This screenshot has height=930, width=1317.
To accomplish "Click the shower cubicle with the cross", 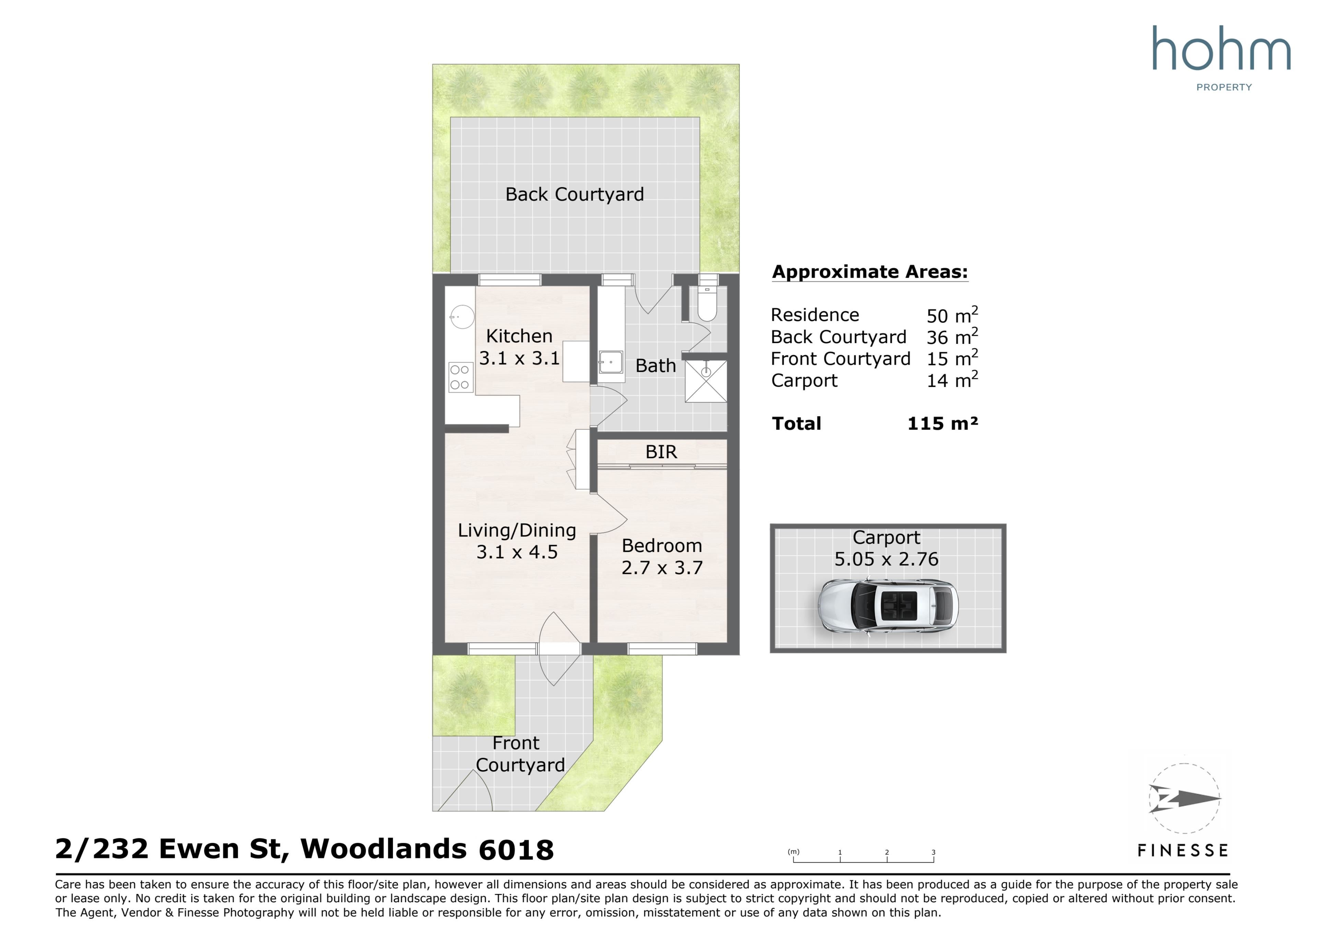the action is point(706,381).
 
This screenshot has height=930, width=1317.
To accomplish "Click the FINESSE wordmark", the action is point(1183,850).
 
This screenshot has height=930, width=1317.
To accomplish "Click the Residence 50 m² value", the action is point(952,315).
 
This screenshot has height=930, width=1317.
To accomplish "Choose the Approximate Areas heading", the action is point(870,272).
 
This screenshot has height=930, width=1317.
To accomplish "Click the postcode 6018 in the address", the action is point(516,850).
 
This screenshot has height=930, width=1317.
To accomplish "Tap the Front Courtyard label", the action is point(520,754).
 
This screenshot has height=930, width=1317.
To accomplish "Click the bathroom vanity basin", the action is point(611,362).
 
